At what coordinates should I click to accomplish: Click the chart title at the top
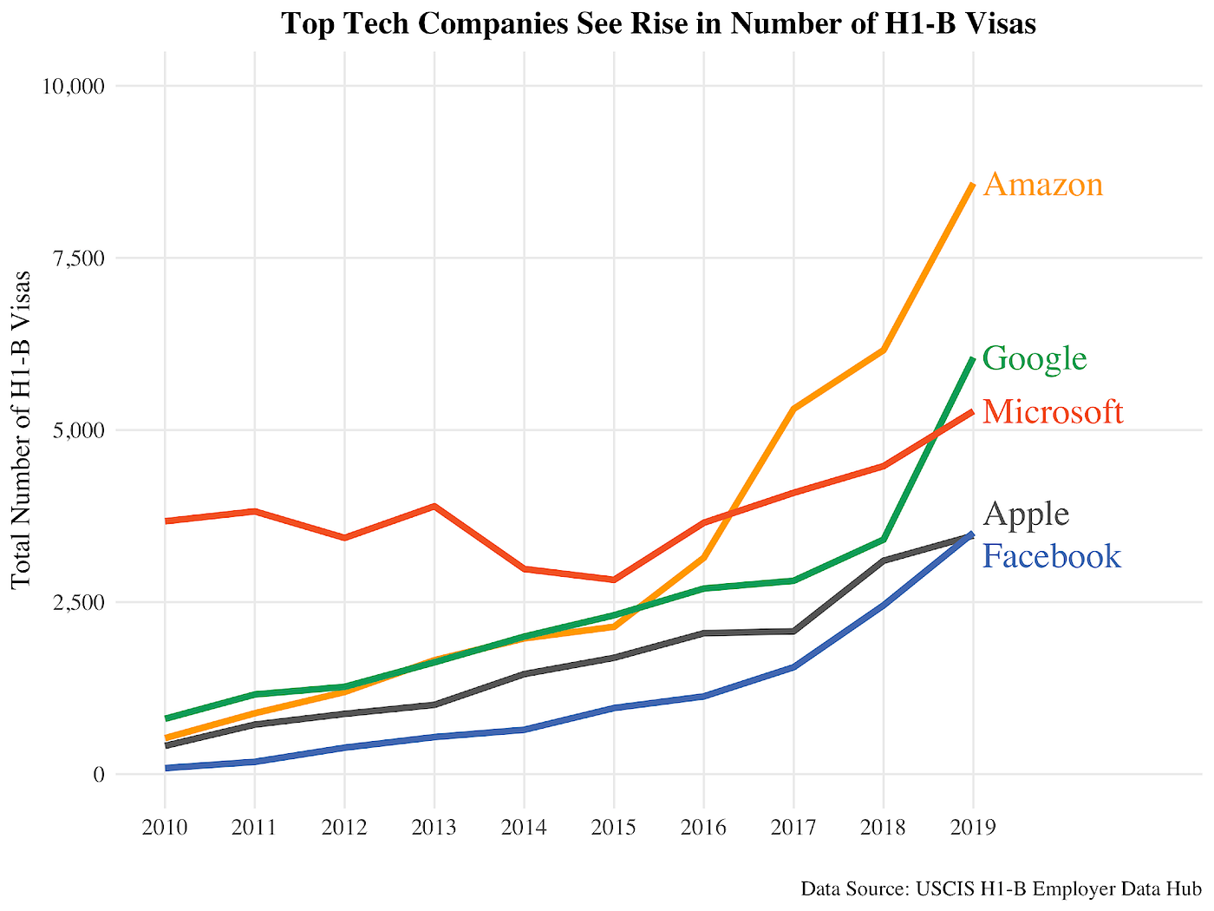tap(658, 23)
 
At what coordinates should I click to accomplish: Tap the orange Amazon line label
tap(1043, 185)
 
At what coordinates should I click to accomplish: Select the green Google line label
tap(1035, 358)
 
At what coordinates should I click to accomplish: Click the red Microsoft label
tap(1053, 412)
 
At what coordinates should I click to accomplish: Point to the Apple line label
tap(1027, 514)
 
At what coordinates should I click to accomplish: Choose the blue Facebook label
tap(1052, 556)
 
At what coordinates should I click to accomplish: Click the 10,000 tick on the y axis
tap(73, 86)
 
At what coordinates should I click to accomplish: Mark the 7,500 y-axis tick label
tap(78, 259)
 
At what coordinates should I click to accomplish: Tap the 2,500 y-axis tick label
tap(78, 602)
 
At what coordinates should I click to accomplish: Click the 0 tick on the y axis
tap(97, 774)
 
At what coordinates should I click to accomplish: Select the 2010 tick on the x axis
tap(165, 827)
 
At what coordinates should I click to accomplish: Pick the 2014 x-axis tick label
tap(524, 827)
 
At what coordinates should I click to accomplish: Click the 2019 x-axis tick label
tap(972, 827)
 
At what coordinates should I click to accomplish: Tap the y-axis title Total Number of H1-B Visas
tap(22, 429)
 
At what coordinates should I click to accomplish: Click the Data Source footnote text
tap(1001, 889)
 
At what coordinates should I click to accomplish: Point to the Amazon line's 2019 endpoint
tap(972, 185)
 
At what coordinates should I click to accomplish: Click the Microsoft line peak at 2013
tap(434, 506)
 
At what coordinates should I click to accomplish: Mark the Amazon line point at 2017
tap(793, 409)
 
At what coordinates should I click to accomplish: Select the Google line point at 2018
tap(883, 540)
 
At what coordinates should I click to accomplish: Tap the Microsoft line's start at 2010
tap(166, 521)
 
